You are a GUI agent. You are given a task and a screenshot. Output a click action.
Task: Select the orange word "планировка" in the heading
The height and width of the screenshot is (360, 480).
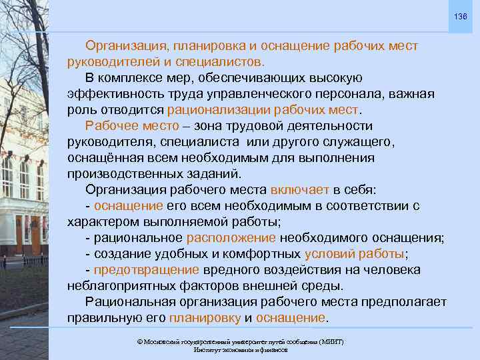(x=201, y=45)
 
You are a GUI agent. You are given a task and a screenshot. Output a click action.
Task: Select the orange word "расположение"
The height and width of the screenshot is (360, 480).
(x=231, y=238)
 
